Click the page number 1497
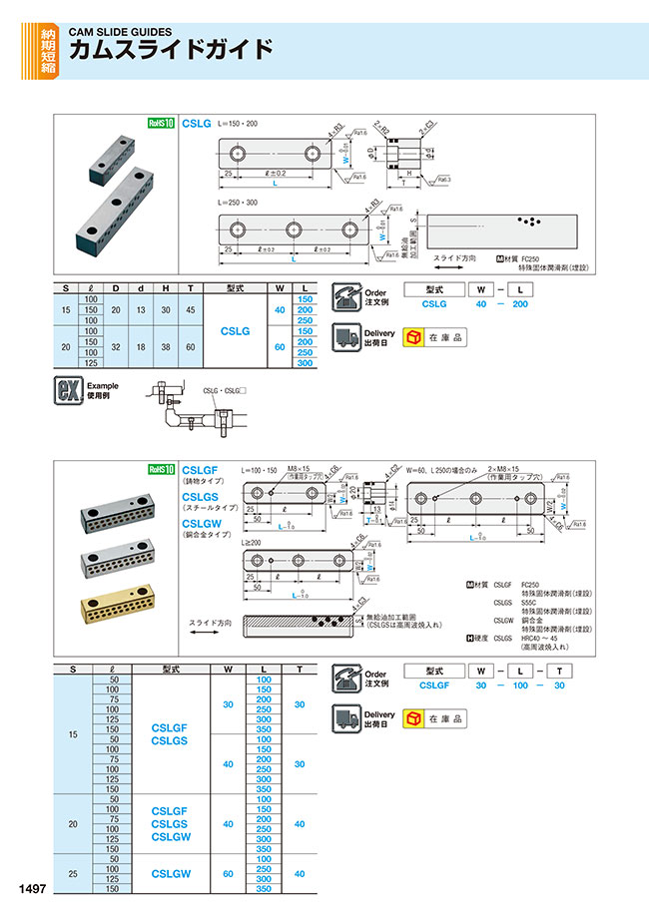coord(30,887)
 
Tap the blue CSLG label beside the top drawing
coord(197,124)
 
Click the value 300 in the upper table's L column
coord(305,364)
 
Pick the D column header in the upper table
coord(116,288)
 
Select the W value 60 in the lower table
coord(229,872)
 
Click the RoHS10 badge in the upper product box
coord(161,124)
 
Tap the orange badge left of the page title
coord(48,51)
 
